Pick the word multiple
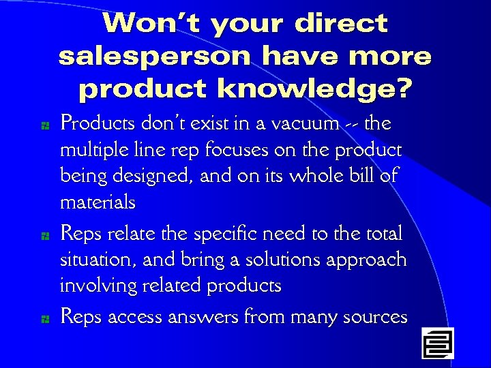(90, 150)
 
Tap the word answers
(205, 317)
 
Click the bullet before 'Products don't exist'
(43, 125)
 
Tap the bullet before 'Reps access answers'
(43, 318)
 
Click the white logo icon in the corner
(437, 343)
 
